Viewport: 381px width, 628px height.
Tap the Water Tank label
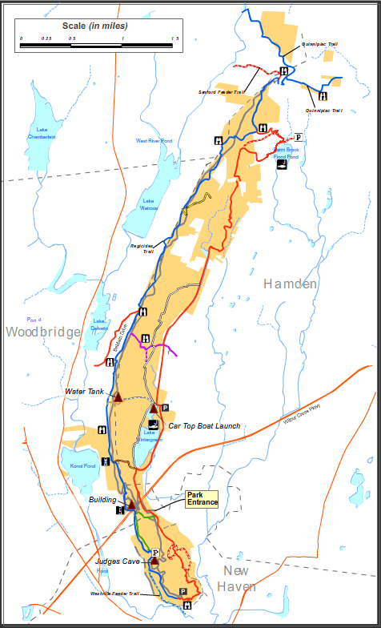point(86,392)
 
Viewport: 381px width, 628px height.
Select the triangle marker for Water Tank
point(118,397)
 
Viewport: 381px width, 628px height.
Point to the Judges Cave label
point(118,562)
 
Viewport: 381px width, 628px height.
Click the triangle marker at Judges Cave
point(154,562)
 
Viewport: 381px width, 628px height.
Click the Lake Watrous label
point(149,204)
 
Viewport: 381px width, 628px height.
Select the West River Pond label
point(154,141)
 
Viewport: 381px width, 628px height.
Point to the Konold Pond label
point(83,465)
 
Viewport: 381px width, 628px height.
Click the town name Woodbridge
point(43,332)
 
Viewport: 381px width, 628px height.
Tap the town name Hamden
point(291,284)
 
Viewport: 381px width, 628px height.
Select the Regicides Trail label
point(142,249)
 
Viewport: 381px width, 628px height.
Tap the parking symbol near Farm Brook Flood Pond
point(299,137)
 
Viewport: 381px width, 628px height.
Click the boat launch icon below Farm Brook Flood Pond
point(282,165)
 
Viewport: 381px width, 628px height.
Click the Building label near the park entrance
point(103,499)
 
